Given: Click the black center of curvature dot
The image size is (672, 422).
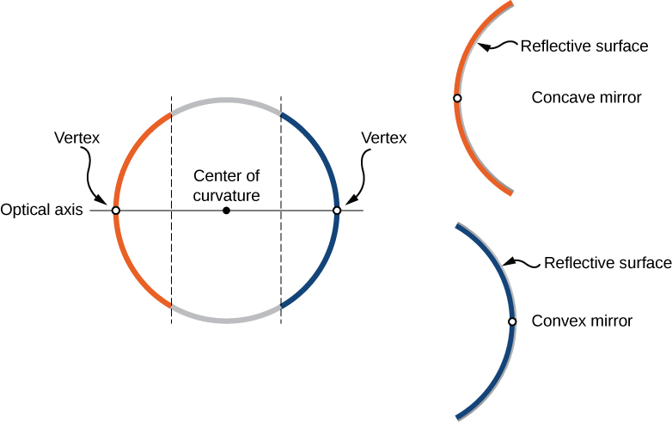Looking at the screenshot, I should point(226,211).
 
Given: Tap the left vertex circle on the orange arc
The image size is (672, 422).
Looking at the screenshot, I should point(116,211).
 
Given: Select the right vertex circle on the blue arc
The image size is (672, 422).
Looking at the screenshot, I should point(337,211).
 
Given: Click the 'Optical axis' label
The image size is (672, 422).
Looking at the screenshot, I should point(41,210).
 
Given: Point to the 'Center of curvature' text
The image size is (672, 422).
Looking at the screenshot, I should point(226,186).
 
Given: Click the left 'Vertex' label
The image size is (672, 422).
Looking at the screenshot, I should point(76,138).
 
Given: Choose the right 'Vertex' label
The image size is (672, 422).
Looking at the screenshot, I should point(383,138).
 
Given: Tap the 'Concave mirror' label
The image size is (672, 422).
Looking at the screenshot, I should point(586,98).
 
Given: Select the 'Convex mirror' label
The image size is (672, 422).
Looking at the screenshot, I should point(582,321).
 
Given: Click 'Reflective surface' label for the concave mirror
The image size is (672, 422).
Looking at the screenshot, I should point(584,46).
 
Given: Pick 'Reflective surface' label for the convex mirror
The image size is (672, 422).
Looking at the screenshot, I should point(608,263).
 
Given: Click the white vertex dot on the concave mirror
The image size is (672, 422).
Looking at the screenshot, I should point(457,99).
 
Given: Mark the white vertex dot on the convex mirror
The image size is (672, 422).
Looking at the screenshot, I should point(512,321).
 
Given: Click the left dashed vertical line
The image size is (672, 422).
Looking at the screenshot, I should point(172,258).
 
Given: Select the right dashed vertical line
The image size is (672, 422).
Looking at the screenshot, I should point(281,258).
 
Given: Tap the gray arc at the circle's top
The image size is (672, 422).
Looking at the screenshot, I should point(226,101).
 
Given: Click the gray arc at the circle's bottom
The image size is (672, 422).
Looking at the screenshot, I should point(226,320).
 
